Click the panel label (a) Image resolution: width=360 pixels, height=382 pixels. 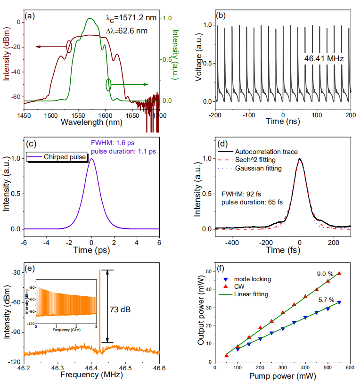coord(31,16)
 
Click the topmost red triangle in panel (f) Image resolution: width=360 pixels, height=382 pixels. coord(339,274)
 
